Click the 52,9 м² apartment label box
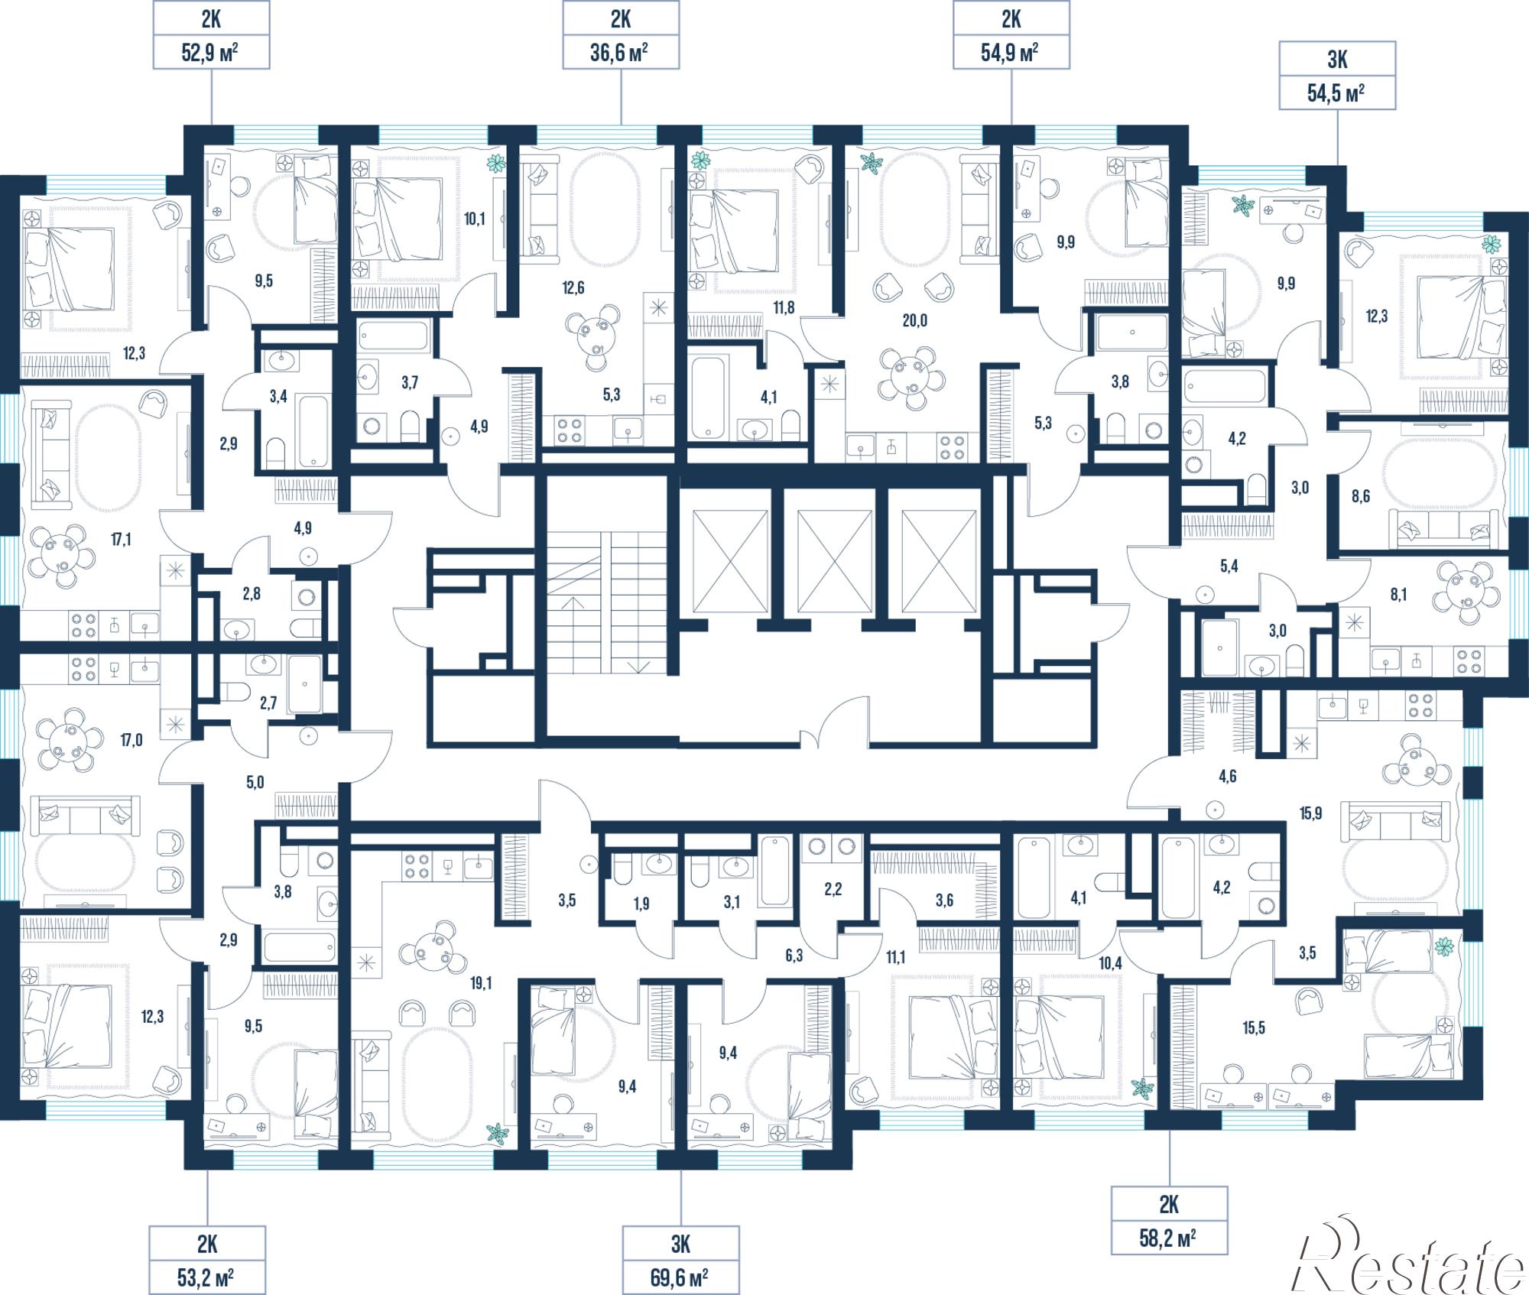(x=211, y=35)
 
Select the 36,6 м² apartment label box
(x=621, y=35)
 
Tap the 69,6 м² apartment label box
(x=680, y=1260)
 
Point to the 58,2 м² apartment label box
(x=1169, y=1220)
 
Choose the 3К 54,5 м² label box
(x=1337, y=76)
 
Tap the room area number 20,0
(x=914, y=320)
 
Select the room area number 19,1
(x=481, y=983)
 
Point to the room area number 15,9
(x=1310, y=813)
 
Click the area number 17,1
(x=121, y=540)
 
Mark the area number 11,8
(x=784, y=308)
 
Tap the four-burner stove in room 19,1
(x=417, y=867)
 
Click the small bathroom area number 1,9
(x=641, y=904)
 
